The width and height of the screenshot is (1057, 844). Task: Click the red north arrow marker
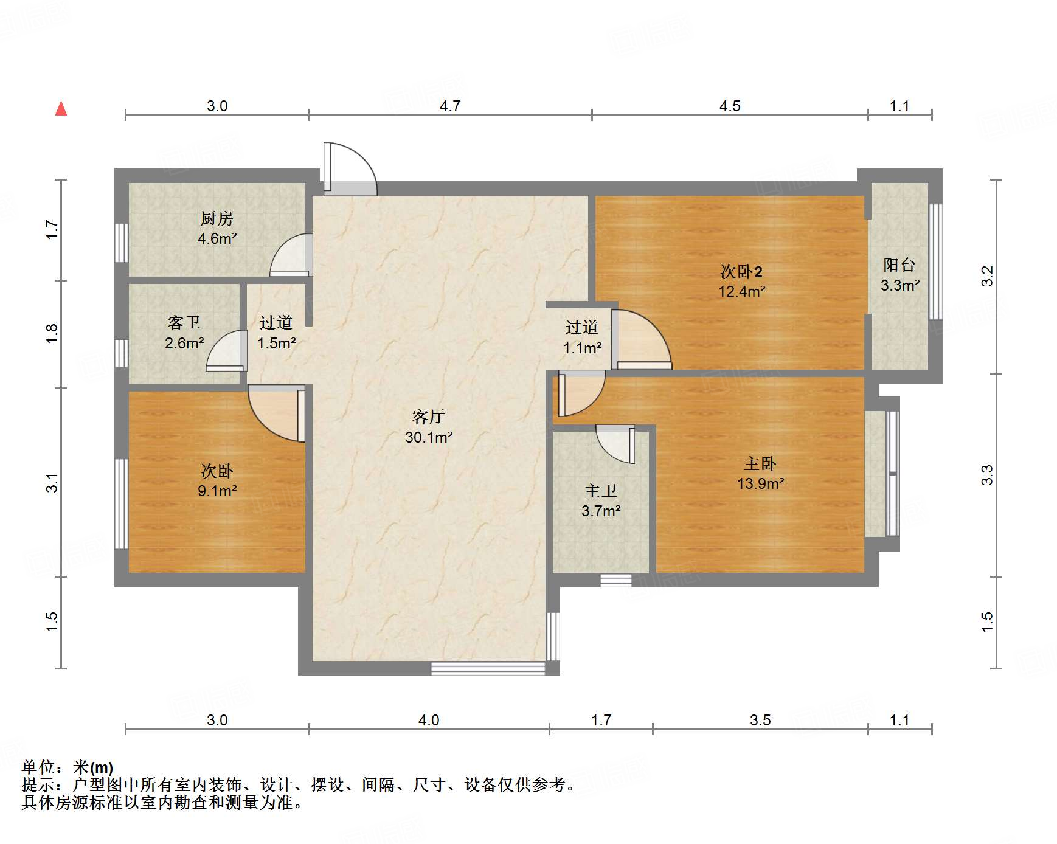61,108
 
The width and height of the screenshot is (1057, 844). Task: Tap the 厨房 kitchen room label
217,218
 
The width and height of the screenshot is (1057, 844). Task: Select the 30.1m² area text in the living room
429,437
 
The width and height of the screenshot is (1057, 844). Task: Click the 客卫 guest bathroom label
184,322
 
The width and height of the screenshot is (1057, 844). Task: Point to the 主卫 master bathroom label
600,491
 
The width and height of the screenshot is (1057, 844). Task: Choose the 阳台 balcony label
899,265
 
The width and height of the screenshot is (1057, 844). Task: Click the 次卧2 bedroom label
741,271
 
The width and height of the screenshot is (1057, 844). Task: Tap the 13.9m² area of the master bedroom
760,484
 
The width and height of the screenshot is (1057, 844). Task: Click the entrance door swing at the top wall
350,168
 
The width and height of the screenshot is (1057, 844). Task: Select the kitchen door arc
291,255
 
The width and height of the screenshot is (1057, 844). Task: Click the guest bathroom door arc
226,351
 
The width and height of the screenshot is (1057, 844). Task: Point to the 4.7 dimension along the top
449,106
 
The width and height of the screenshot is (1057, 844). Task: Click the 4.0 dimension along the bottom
428,721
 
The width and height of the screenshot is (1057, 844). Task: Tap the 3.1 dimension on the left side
52,482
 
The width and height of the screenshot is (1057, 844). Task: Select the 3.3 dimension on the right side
987,475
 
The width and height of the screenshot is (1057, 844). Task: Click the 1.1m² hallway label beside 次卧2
582,348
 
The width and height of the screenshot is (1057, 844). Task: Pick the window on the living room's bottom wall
488,668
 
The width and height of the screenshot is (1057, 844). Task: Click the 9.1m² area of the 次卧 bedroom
217,491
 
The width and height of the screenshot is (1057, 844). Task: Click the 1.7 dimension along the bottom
601,721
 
